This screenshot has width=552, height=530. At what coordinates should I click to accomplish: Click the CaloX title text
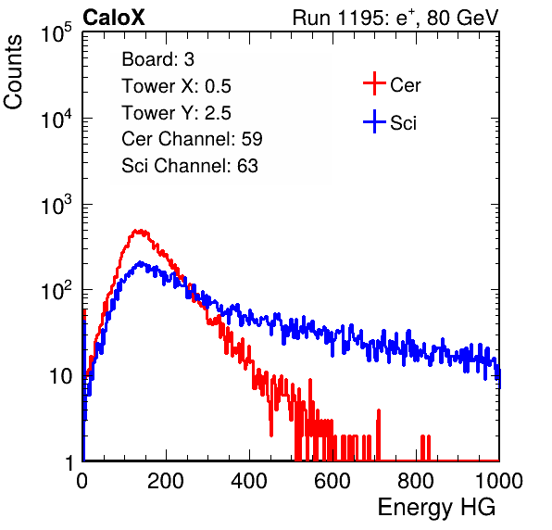pos(113,18)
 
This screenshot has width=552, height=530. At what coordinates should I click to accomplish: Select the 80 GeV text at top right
pos(462,18)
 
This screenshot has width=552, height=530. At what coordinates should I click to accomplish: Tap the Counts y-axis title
pos(13,72)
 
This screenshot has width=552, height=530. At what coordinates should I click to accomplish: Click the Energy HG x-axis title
pos(436,507)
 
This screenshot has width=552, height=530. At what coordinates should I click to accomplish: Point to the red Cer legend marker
pos(374,83)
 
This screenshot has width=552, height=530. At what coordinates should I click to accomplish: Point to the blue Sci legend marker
pos(374,121)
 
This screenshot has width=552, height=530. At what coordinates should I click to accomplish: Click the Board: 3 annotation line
pos(157,59)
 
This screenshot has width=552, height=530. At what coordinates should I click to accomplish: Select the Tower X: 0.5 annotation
pos(176,86)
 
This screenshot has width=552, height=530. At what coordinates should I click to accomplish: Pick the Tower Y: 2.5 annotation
pos(176,113)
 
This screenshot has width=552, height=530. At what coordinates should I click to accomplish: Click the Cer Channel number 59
pos(252,139)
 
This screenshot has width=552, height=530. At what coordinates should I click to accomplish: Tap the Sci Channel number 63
pos(247,166)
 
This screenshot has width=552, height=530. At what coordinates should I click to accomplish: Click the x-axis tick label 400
pos(249,481)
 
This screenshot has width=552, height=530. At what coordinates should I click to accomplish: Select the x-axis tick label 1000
pos(499,481)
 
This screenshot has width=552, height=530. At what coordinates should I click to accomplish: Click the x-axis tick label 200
pos(166,481)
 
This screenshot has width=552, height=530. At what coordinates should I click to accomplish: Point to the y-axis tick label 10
pos(61,377)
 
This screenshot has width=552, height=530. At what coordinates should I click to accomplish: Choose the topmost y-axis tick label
pos(56,33)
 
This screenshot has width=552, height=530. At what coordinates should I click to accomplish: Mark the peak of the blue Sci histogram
pos(140,262)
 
